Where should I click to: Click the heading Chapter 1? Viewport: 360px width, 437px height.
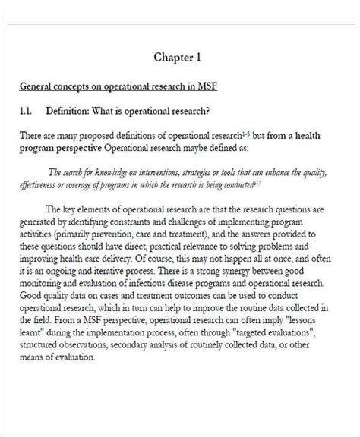coord(179,57)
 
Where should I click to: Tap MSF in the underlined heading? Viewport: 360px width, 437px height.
coord(207,86)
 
